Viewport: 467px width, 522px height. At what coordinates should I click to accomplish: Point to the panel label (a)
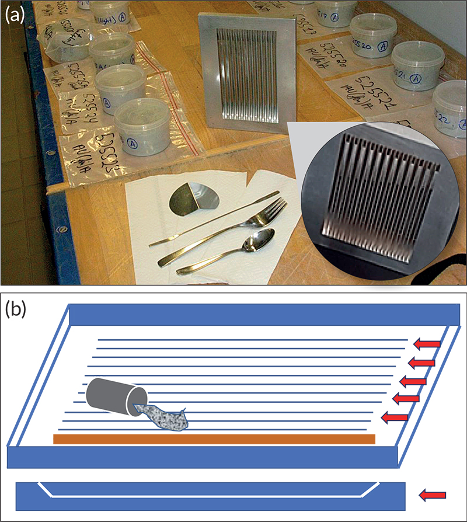pyautogui.click(x=14, y=15)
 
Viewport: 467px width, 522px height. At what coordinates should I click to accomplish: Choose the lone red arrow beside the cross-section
pyautogui.click(x=433, y=496)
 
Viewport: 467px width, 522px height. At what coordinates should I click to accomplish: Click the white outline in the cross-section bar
pyautogui.click(x=210, y=496)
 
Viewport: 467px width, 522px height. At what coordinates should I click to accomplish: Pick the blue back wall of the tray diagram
pyautogui.click(x=263, y=315)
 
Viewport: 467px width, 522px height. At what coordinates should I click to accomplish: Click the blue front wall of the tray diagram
pyautogui.click(x=201, y=457)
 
